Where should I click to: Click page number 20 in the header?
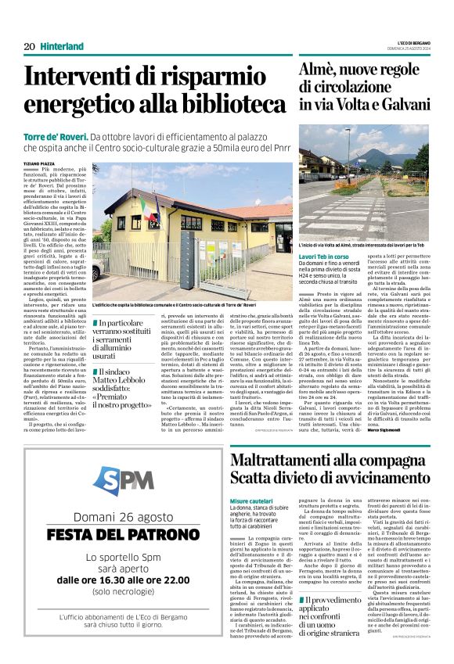pos(29,47)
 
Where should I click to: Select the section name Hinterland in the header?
pos(62,47)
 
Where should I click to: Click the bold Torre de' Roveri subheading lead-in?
pos(54,136)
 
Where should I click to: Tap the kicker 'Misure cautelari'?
pos(252,479)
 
